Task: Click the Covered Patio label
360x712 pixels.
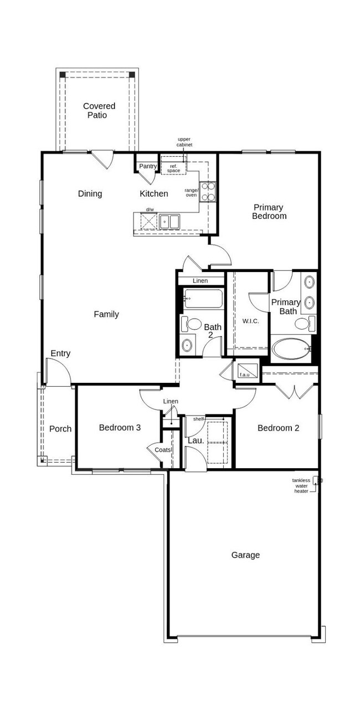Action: point(99,110)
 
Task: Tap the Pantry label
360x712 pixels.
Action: point(147,166)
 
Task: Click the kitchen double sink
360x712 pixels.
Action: point(169,222)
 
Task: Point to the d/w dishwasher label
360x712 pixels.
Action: point(150,209)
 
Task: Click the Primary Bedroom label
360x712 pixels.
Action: point(269,212)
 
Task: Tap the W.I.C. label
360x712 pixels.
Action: point(251,321)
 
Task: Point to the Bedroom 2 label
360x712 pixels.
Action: point(278,428)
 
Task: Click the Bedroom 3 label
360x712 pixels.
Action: point(120,428)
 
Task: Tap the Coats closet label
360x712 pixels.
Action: point(163,449)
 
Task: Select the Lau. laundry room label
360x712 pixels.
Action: point(194,441)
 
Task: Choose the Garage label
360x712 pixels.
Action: point(245,555)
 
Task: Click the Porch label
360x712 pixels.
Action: point(60,429)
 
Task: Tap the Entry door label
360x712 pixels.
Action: point(60,354)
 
